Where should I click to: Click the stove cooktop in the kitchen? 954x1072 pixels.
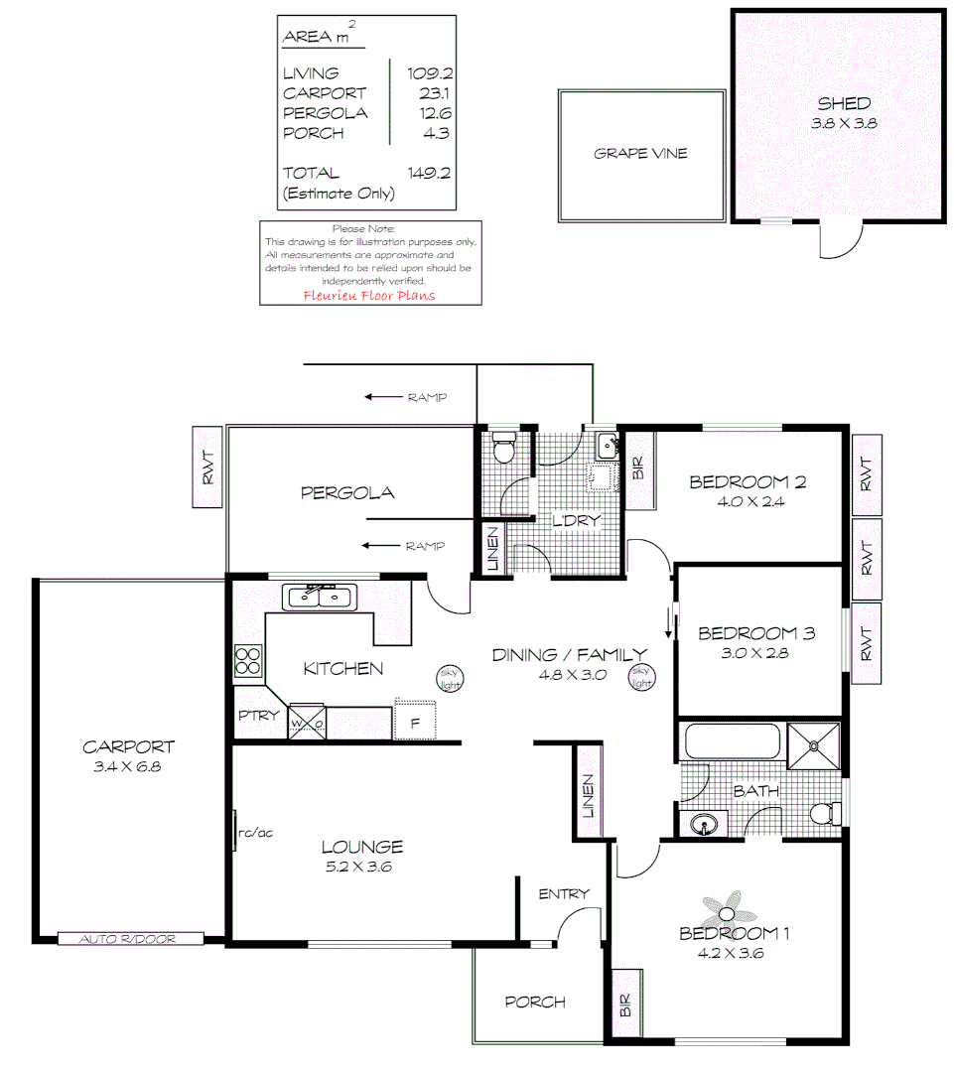pyautogui.click(x=247, y=662)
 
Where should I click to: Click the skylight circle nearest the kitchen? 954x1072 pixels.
pyautogui.click(x=449, y=679)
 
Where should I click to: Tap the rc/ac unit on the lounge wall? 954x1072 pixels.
pyautogui.click(x=236, y=831)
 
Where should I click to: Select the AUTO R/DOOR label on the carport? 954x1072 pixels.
pyautogui.click(x=130, y=938)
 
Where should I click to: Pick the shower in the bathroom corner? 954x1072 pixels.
pyautogui.click(x=812, y=745)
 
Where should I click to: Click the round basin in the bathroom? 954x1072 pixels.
pyautogui.click(x=704, y=824)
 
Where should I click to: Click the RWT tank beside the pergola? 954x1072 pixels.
pyautogui.click(x=207, y=468)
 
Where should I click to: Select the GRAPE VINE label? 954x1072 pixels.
pyautogui.click(x=640, y=154)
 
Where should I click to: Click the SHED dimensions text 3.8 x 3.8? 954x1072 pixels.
pyautogui.click(x=845, y=124)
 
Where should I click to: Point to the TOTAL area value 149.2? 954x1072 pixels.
pyautogui.click(x=429, y=173)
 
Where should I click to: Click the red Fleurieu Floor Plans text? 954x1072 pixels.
pyautogui.click(x=368, y=295)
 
